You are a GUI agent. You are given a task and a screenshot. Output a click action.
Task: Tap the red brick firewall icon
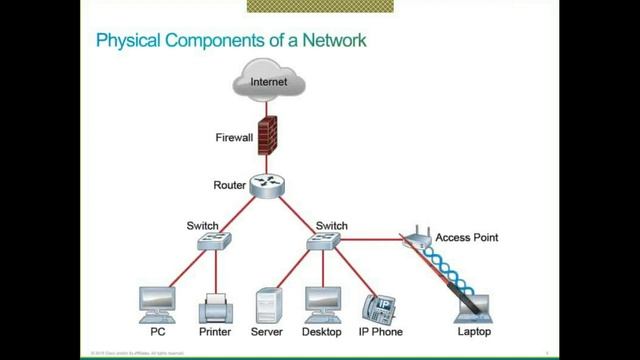click(x=267, y=135)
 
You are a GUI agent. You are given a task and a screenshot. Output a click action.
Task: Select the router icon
click(x=267, y=186)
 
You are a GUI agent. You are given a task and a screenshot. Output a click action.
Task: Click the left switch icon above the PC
click(x=216, y=242)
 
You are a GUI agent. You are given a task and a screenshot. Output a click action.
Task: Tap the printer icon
click(x=215, y=305)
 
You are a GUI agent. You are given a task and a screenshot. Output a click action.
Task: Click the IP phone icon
click(x=380, y=306)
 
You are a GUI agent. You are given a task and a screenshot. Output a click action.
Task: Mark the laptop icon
click(x=473, y=305)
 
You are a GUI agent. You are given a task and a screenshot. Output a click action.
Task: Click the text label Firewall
click(x=234, y=137)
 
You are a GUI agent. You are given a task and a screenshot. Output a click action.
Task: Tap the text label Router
click(x=229, y=185)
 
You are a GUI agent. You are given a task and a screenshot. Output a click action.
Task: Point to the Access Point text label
click(x=466, y=238)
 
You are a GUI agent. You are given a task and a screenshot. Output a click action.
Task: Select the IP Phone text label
click(x=380, y=331)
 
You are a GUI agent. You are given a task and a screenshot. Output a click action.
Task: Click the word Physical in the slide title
click(x=127, y=41)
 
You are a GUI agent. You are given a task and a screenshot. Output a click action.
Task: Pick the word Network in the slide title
click(x=333, y=41)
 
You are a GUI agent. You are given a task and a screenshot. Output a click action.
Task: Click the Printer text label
click(x=215, y=331)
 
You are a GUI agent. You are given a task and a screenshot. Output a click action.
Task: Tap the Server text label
click(x=267, y=331)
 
